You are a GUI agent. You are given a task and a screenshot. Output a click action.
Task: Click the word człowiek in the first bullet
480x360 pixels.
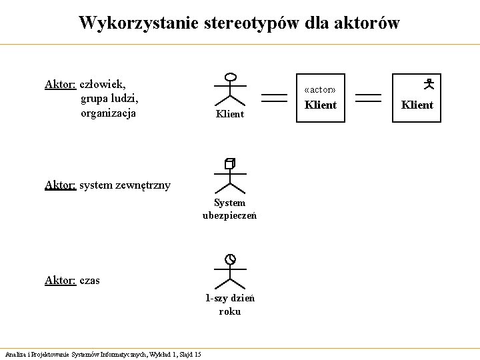click(x=102, y=84)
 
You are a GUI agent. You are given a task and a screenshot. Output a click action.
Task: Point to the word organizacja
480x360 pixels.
click(x=108, y=113)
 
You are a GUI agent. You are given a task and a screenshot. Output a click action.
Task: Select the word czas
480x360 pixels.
click(x=89, y=281)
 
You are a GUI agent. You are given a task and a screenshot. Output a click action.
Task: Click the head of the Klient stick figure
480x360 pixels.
click(x=230, y=77)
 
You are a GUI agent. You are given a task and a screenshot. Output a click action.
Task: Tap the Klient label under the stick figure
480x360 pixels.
click(x=230, y=115)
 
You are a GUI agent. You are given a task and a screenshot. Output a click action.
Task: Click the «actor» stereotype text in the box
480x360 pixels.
click(x=320, y=89)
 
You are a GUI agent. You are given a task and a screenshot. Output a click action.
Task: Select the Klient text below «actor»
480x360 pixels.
click(x=321, y=105)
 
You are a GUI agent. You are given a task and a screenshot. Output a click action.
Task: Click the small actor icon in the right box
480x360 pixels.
click(x=429, y=84)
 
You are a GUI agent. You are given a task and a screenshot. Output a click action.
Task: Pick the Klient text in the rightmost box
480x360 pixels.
click(x=417, y=105)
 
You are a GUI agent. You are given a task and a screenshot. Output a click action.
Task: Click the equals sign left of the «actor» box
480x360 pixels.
click(x=274, y=98)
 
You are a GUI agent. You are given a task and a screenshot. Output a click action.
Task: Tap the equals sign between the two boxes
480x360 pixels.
click(x=369, y=98)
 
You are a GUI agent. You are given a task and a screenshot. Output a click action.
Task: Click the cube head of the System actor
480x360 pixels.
click(x=230, y=163)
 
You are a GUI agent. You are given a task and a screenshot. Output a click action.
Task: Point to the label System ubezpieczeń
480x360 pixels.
click(x=230, y=209)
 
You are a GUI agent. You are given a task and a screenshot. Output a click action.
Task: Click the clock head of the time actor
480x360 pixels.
click(x=230, y=259)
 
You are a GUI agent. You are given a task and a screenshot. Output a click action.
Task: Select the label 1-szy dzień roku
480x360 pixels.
click(x=230, y=305)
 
